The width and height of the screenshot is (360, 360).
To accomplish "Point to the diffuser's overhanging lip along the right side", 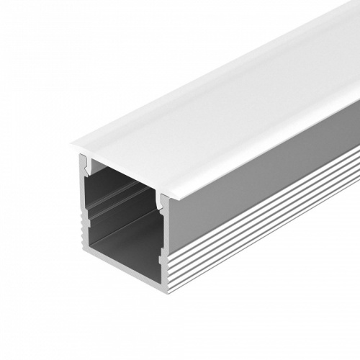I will [274, 155].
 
